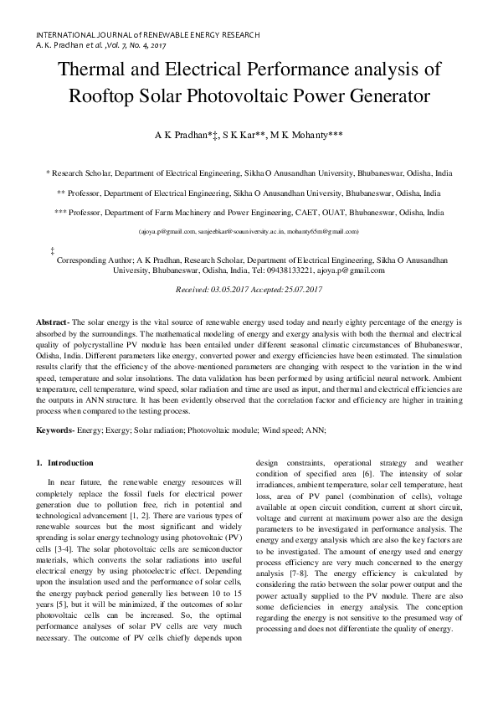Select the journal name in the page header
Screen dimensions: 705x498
point(148,34)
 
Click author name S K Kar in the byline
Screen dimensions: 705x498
point(244,135)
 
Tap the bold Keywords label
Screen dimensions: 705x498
point(55,430)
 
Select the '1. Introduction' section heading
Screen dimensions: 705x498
point(65,463)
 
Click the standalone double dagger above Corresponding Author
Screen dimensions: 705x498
point(53,250)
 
